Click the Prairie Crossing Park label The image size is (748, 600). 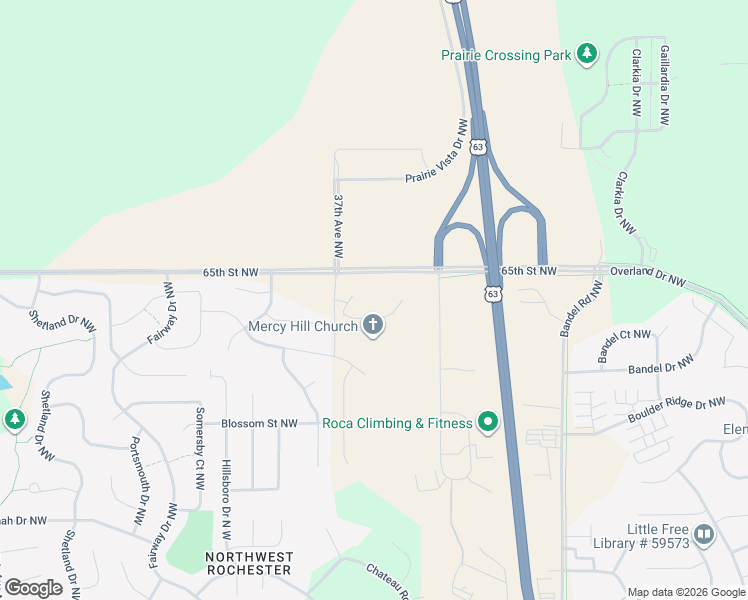506,55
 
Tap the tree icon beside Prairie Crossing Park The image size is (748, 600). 588,54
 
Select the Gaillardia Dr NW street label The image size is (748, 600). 664,85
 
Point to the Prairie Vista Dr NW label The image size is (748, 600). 437,152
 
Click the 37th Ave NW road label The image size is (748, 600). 338,228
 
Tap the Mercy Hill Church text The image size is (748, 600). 302,326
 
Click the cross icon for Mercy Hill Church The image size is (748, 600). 373,325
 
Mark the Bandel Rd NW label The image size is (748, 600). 579,308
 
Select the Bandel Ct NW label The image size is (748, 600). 623,346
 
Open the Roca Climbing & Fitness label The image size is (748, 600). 397,423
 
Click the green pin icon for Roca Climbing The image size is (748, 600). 488,423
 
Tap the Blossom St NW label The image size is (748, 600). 259,423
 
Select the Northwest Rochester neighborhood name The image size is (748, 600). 248,563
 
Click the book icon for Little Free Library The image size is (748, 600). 704,535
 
